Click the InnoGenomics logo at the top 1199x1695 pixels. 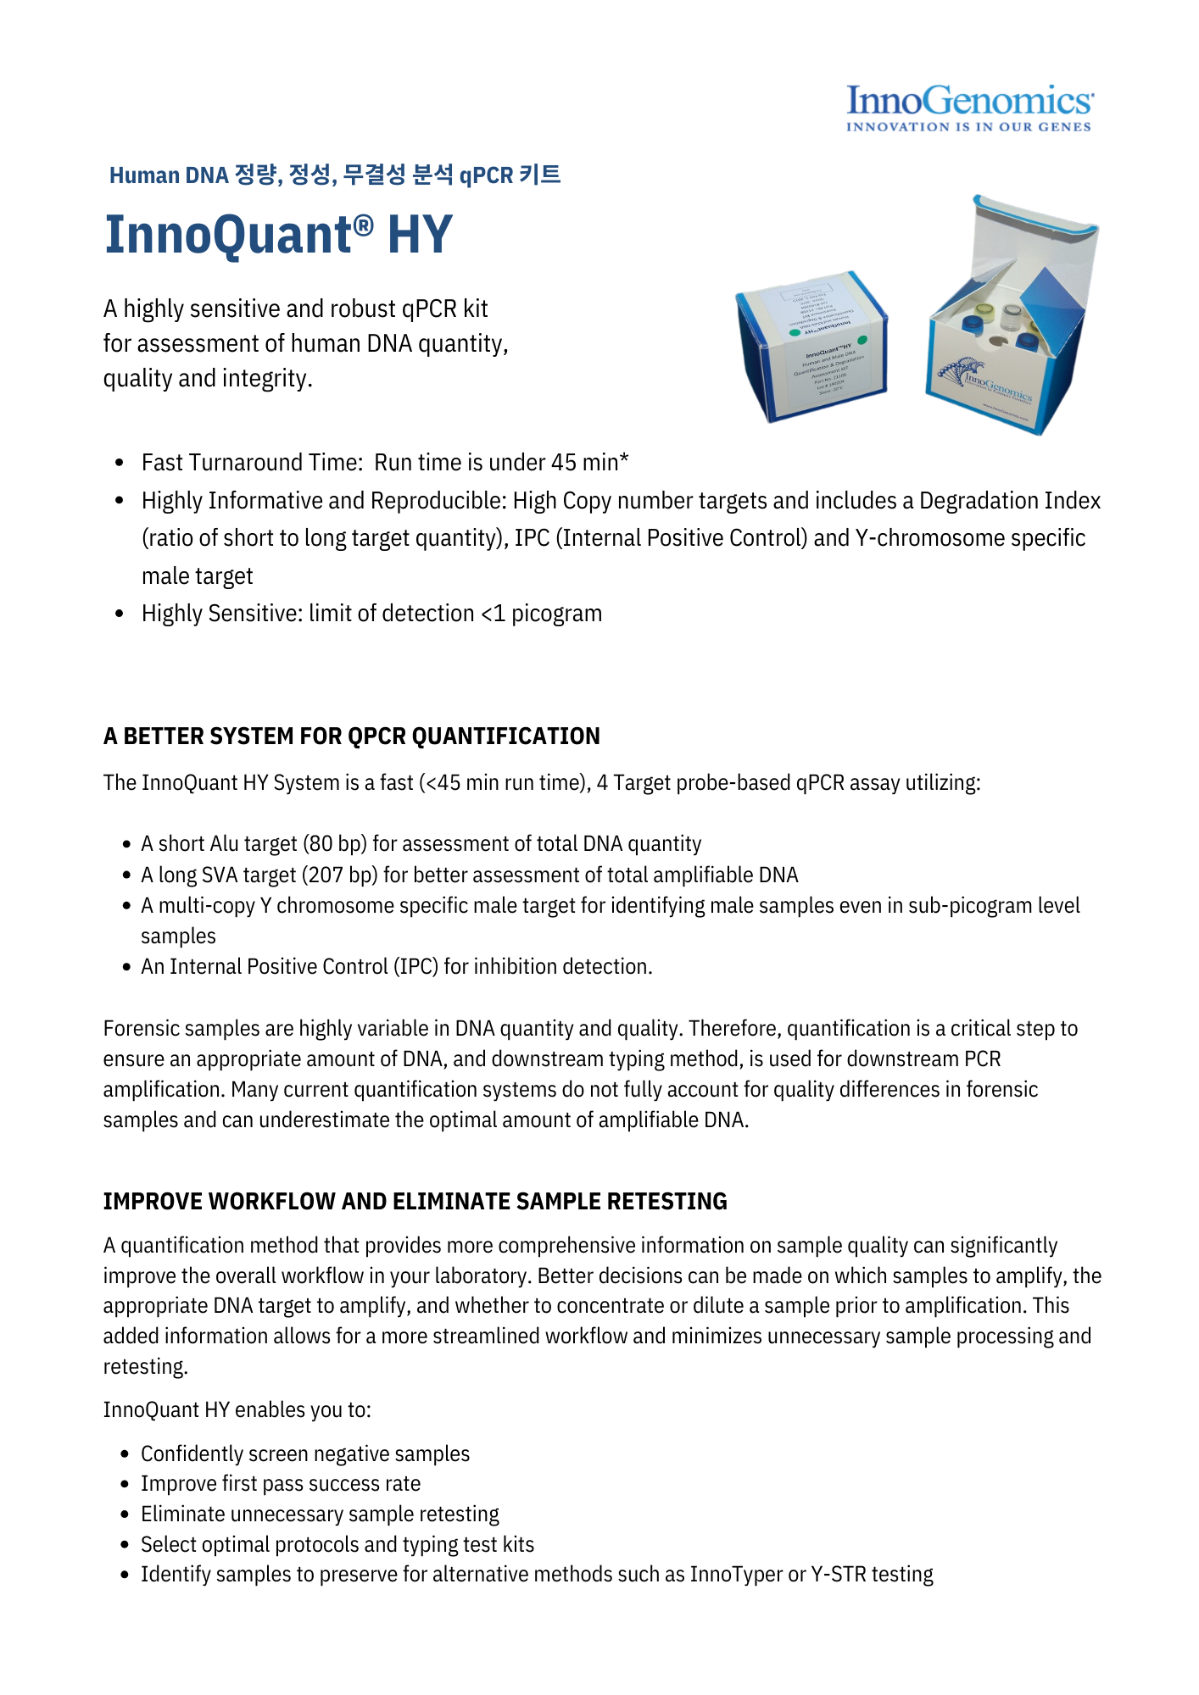pos(969,101)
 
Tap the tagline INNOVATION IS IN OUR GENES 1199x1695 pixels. pos(968,127)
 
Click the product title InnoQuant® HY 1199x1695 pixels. pos(278,235)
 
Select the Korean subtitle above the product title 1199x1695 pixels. pos(335,175)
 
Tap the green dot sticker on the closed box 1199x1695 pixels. pos(795,332)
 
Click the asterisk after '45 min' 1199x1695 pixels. pos(624,460)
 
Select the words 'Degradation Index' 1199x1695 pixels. pos(1010,501)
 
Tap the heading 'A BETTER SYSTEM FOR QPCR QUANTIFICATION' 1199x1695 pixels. pos(351,736)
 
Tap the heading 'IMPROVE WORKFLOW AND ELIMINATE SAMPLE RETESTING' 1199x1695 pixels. pos(415,1201)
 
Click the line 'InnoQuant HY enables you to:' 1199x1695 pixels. pos(237,1409)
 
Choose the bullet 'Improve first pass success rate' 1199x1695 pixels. pos(281,1484)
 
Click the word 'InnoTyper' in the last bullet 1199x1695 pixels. pos(736,1575)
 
